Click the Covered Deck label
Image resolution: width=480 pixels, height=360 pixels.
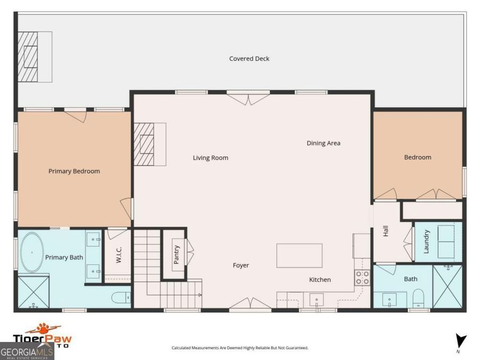click(x=249, y=59)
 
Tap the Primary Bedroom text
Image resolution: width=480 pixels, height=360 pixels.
click(x=74, y=171)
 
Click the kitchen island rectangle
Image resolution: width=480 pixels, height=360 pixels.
click(x=299, y=255)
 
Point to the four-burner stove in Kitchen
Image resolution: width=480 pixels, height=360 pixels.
click(x=363, y=277)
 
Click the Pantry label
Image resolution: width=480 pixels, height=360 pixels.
click(x=177, y=254)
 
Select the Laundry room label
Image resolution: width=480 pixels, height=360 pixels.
click(x=427, y=242)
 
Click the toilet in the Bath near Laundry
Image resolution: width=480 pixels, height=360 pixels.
click(x=419, y=297)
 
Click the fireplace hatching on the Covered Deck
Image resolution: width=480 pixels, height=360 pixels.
click(x=29, y=56)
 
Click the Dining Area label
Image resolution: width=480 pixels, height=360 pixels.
click(x=323, y=143)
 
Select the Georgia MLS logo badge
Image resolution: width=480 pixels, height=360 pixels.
click(x=27, y=352)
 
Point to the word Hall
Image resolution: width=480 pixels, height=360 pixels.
click(x=386, y=231)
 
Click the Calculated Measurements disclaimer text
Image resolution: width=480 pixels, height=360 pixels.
click(x=239, y=348)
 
